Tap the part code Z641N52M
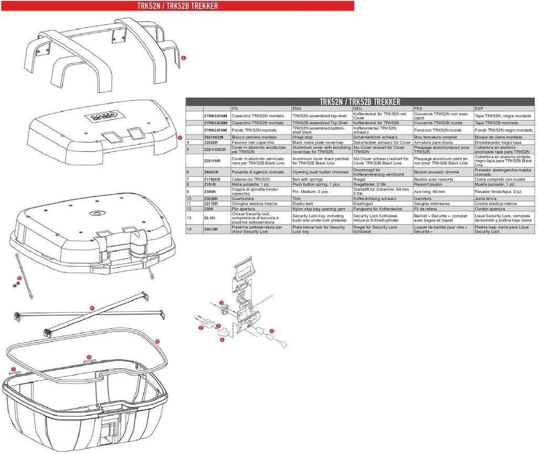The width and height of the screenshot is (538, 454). pos(213,137)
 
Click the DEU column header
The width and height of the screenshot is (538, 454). pos(357,108)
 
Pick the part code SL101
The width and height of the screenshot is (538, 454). pos(209,218)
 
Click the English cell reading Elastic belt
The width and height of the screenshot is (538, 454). pos(303,204)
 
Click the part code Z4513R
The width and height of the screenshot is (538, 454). pos(211,229)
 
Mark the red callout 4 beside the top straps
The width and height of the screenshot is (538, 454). pos(183,57)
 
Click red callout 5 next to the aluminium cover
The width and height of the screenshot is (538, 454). pos(180,137)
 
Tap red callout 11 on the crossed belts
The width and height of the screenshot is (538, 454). pos(92,309)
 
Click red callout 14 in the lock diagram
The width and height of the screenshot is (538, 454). pos(222,302)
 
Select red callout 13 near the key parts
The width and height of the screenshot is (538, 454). pos(272,330)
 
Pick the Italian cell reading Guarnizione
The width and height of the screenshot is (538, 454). pos(242,199)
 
